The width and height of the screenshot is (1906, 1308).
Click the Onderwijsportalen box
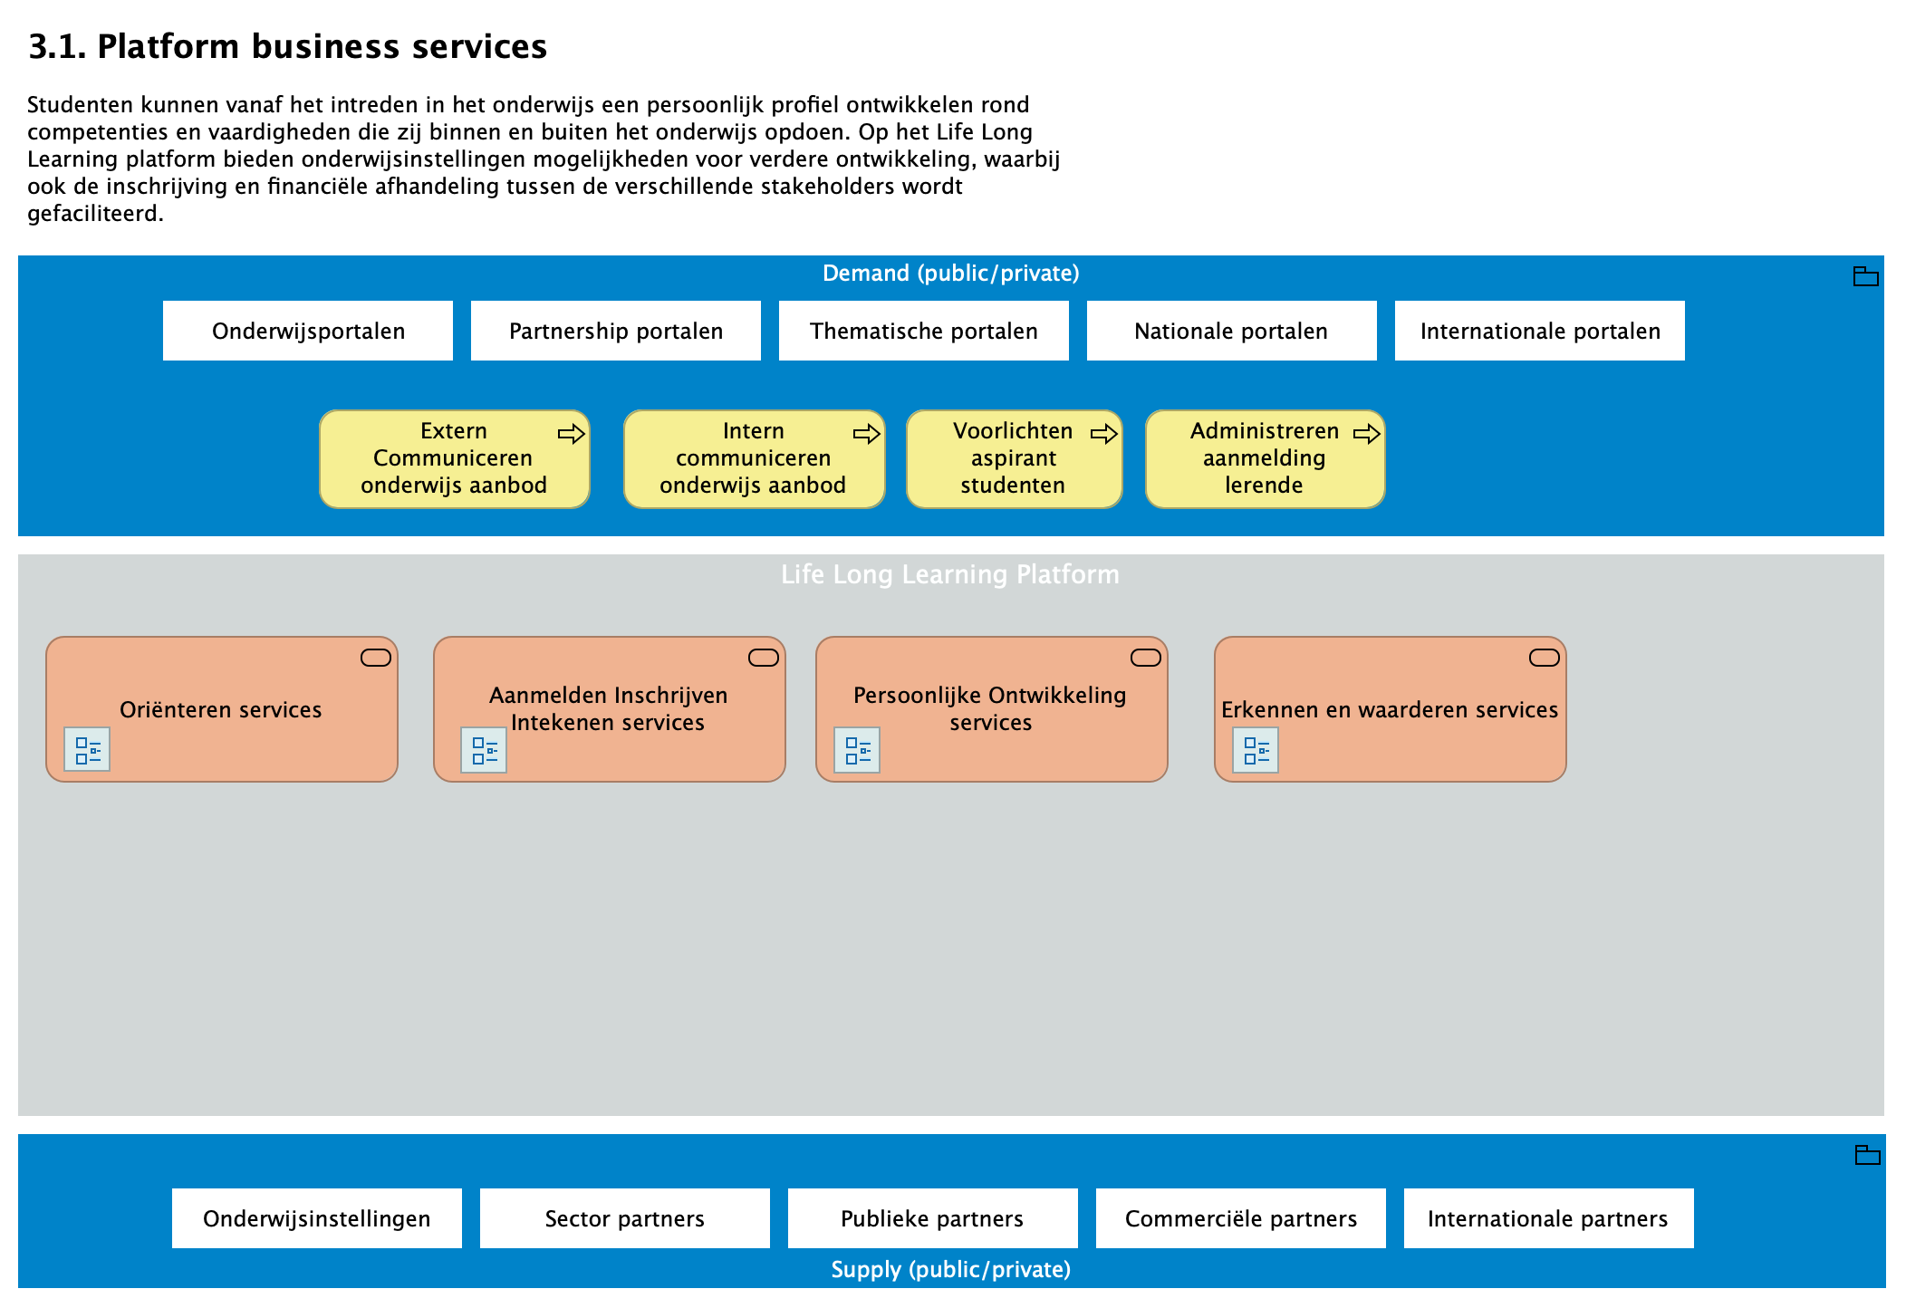[x=308, y=331]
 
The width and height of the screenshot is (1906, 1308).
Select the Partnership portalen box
[x=616, y=331]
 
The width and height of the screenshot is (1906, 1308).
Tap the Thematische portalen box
[x=924, y=331]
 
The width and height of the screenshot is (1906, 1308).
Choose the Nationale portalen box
[x=1232, y=331]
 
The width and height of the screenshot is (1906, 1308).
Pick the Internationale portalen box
[x=1540, y=331]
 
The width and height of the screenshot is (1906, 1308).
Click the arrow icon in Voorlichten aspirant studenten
[x=1103, y=434]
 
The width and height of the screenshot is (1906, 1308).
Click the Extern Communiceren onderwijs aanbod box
[x=454, y=459]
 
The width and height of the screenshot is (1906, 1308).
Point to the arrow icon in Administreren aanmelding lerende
[x=1366, y=434]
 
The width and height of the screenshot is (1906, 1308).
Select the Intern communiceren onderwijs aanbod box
[x=754, y=459]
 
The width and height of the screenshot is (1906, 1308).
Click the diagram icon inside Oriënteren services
[x=87, y=750]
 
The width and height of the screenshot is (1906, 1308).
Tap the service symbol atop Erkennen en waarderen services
[x=1544, y=658]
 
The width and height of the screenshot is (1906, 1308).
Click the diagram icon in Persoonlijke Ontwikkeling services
[x=857, y=750]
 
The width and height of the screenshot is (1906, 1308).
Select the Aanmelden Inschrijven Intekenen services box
[x=609, y=708]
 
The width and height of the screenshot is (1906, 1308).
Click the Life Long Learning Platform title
[x=950, y=574]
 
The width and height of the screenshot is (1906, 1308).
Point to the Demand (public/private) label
[x=950, y=274]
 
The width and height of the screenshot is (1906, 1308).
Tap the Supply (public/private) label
[x=950, y=1269]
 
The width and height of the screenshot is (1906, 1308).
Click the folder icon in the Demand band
[x=1865, y=276]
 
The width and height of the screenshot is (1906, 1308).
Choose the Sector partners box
[x=625, y=1218]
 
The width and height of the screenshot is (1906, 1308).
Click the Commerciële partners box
[x=1241, y=1218]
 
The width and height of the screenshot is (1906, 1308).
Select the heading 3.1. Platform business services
[x=288, y=47]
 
